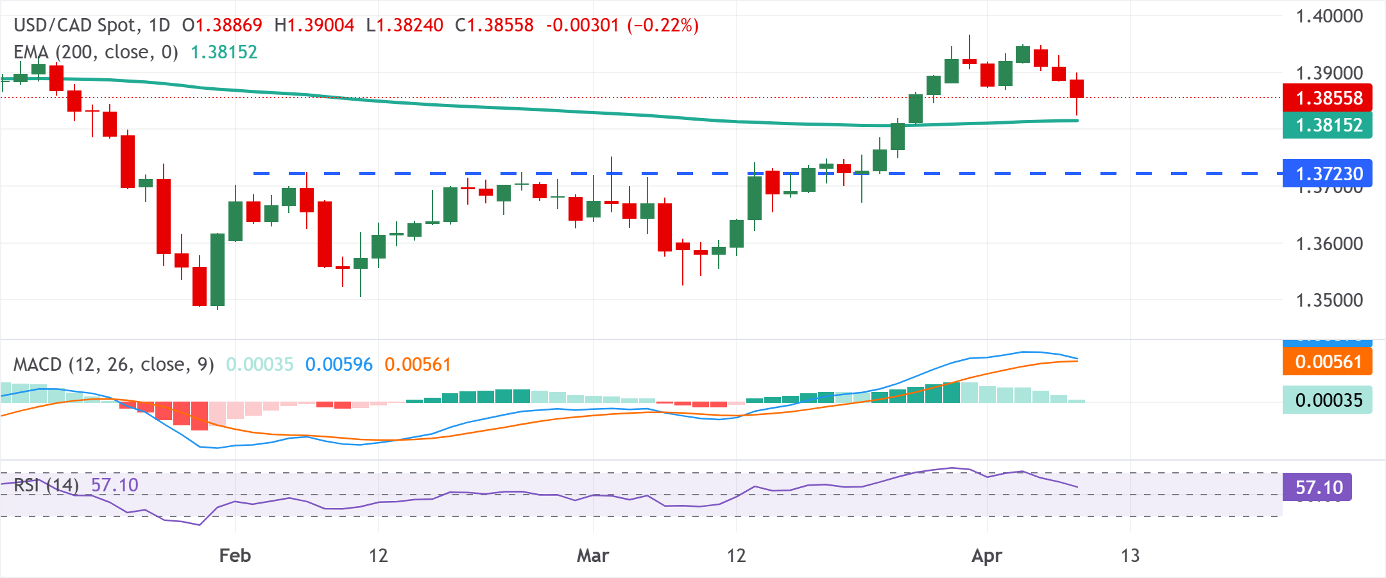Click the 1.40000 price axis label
click(1329, 17)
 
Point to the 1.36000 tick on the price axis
click(1329, 244)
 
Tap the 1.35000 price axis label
click(1329, 300)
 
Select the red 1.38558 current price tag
click(1327, 98)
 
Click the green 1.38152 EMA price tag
click(1327, 125)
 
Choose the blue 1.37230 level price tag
click(1327, 174)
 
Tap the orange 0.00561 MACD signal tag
click(1327, 362)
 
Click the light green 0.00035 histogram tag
click(1327, 400)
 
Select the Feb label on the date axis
click(235, 555)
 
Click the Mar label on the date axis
click(593, 555)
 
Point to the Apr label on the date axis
click(986, 555)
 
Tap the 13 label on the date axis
click(1130, 555)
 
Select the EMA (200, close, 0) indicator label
click(96, 52)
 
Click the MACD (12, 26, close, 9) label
click(114, 364)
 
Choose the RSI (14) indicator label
click(46, 485)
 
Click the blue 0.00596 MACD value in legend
click(339, 364)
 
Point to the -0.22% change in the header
click(663, 26)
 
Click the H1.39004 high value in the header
click(314, 26)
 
